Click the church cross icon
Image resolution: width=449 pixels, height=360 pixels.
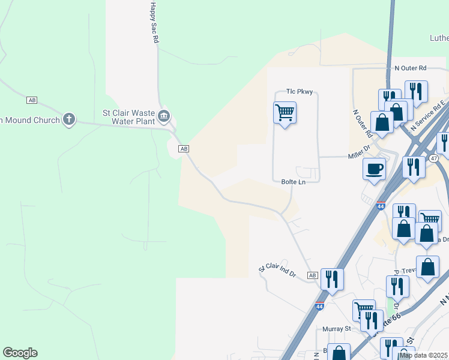click(x=70, y=119)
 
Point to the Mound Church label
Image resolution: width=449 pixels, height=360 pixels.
click(x=30, y=120)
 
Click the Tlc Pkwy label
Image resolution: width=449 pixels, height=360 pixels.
click(x=300, y=92)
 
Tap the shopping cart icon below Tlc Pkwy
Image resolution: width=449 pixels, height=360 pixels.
click(x=285, y=112)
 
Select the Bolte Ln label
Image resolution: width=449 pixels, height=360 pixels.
click(x=294, y=182)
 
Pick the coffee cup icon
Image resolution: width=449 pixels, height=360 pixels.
click(x=375, y=168)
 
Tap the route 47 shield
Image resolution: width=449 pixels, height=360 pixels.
click(x=433, y=158)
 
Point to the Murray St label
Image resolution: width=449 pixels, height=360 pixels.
click(x=339, y=329)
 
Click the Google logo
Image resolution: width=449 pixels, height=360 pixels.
click(x=20, y=353)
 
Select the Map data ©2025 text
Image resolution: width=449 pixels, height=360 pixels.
click(x=424, y=355)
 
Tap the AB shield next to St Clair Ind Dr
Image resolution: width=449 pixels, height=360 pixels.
click(x=312, y=275)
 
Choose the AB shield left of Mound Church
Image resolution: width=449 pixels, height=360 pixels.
click(x=32, y=100)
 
